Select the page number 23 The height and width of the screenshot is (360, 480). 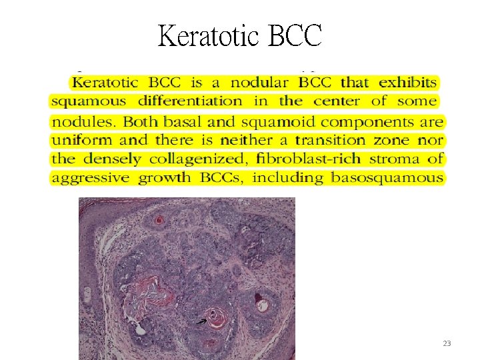(x=447, y=343)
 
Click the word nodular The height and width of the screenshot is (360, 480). (x=259, y=83)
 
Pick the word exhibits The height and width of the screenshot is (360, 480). (x=408, y=83)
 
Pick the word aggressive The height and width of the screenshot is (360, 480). (x=91, y=178)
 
